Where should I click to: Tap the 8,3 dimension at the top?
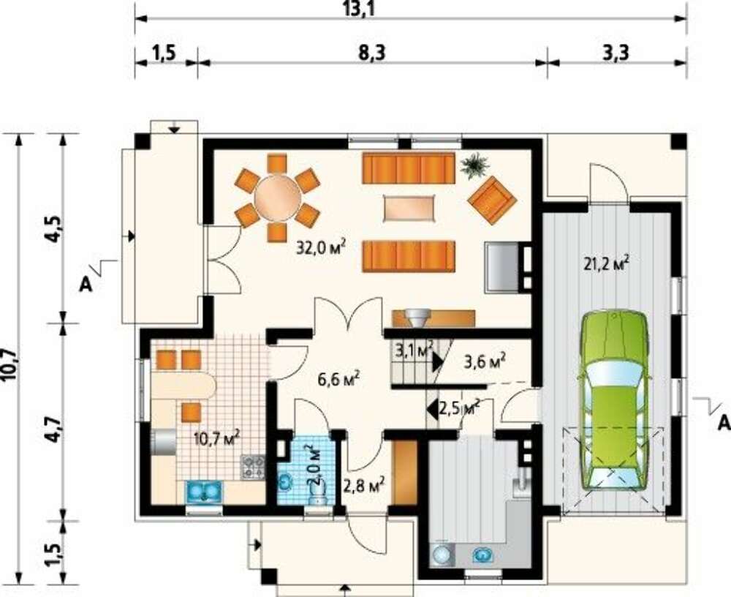point(372,53)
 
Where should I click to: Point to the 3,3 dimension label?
point(616,53)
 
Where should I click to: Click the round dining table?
point(277,198)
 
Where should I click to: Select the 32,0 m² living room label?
point(322,247)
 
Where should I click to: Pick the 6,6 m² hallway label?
point(338,380)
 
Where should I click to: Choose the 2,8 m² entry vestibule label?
point(364,486)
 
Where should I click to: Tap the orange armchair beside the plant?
point(492,199)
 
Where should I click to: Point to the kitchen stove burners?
point(253,468)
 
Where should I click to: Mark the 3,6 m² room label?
point(485,361)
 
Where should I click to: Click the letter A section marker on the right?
point(723,424)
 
